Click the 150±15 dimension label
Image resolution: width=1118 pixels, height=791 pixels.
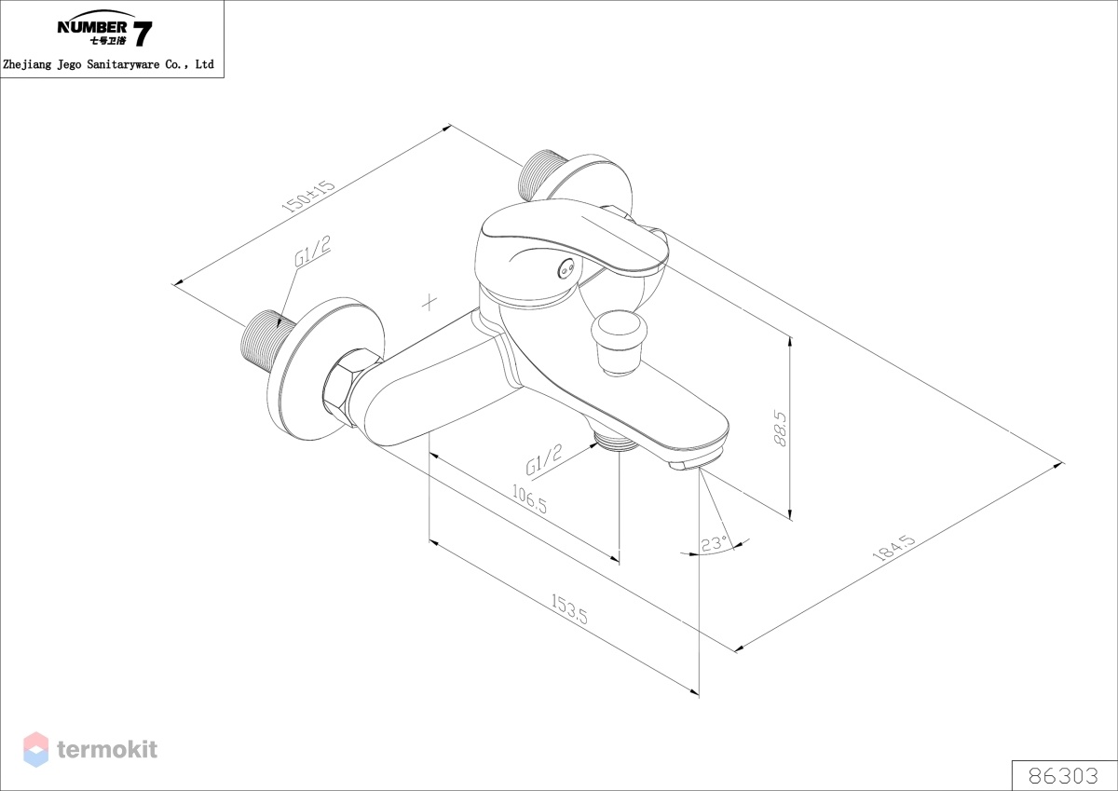(308, 197)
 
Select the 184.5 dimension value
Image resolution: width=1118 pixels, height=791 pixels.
(893, 548)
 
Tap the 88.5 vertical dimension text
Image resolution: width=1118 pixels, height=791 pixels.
(780, 429)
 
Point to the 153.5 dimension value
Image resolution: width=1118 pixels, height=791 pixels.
(569, 608)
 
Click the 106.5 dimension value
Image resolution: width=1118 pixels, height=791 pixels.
(529, 499)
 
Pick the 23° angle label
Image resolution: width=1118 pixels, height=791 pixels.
(714, 543)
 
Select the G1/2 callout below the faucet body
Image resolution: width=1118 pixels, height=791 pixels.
(544, 459)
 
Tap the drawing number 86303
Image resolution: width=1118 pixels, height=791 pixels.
(1063, 776)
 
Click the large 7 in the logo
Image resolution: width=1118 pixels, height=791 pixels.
(143, 34)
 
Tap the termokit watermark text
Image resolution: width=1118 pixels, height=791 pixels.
(107, 749)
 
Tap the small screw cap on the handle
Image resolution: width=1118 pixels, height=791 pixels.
(566, 269)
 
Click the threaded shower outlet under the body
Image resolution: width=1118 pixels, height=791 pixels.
(617, 442)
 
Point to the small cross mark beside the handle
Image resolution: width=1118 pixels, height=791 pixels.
(429, 303)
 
